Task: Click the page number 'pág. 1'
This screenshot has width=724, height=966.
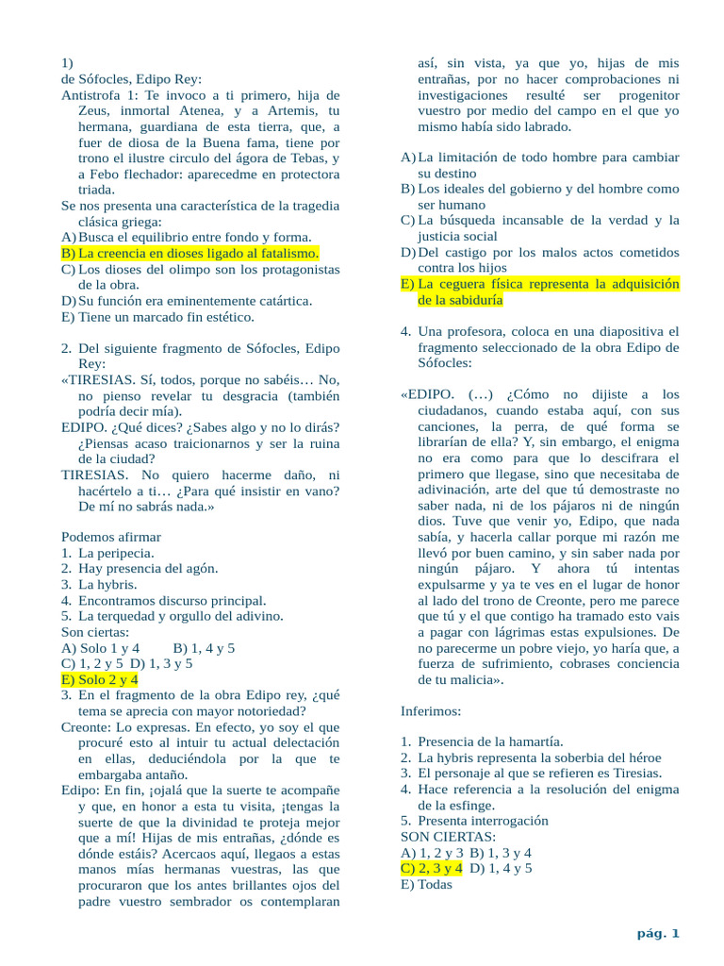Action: (x=658, y=934)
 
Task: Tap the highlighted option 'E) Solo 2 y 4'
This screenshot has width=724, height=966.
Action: (x=99, y=679)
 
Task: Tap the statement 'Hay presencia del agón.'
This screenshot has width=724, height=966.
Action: (x=148, y=569)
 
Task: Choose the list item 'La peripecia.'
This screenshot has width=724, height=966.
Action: (x=116, y=553)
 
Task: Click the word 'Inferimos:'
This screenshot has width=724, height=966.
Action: (x=431, y=710)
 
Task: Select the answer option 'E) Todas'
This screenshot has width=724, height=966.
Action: (x=426, y=884)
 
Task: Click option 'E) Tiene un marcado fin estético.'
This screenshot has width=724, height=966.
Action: (x=157, y=317)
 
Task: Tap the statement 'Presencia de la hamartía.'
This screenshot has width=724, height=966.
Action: (x=490, y=741)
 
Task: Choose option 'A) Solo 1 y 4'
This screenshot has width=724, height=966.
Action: (x=100, y=648)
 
